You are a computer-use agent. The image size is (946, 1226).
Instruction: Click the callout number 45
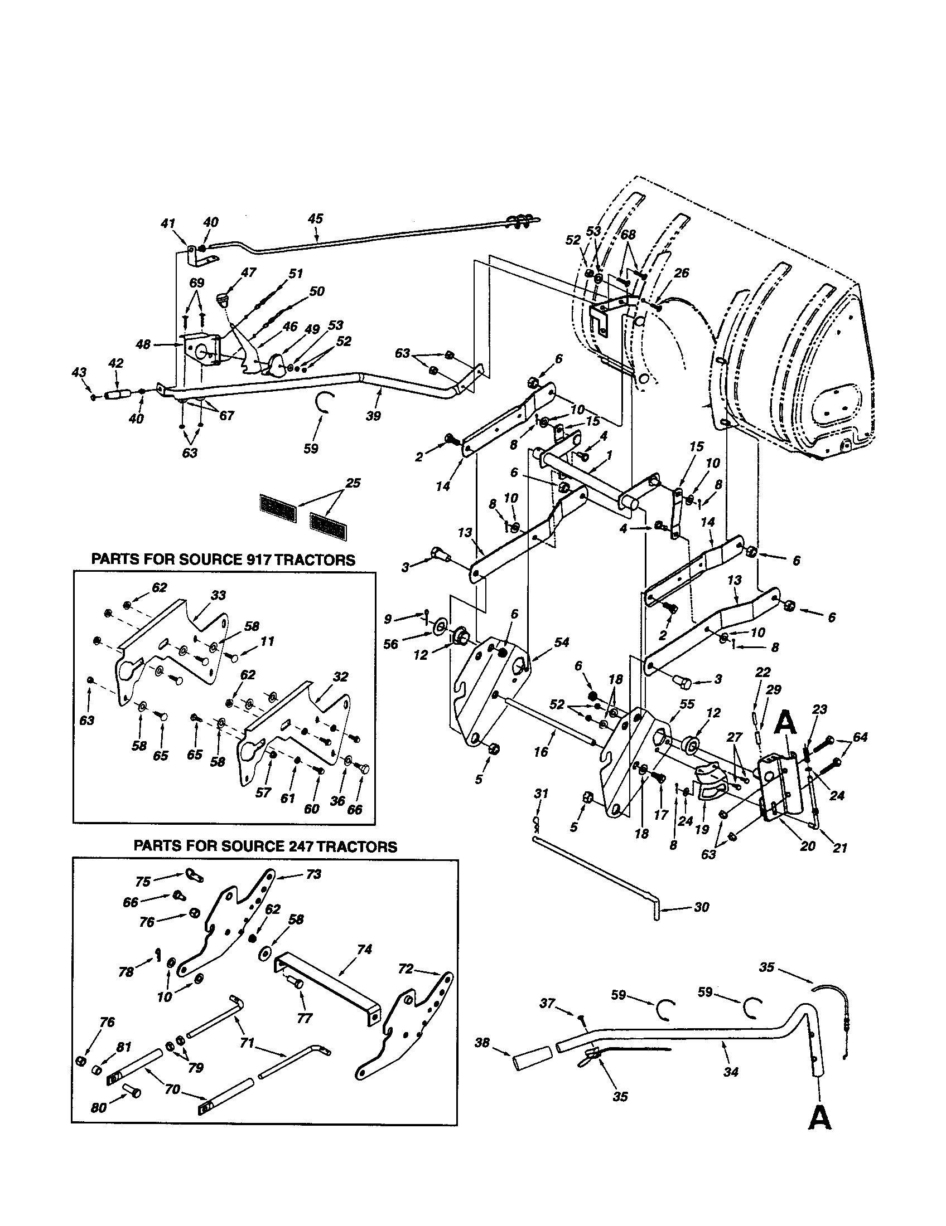tap(316, 218)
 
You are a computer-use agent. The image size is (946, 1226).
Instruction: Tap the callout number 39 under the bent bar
tap(373, 416)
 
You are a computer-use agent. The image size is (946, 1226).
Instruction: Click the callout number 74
tap(365, 949)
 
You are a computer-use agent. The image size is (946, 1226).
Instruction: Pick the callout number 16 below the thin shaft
tap(540, 752)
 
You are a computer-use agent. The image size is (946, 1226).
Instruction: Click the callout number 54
tap(562, 641)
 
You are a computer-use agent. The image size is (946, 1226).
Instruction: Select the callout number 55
tap(687, 704)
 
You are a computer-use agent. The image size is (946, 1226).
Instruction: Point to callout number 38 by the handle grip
tap(482, 1043)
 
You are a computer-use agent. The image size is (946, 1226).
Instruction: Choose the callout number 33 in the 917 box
tap(218, 595)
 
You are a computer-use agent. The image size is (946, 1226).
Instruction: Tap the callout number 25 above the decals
tap(353, 483)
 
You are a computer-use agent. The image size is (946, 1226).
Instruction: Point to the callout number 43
tap(80, 372)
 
